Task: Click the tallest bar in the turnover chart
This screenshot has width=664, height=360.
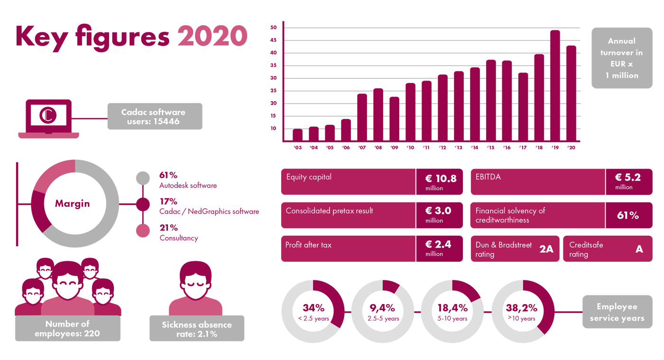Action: coord(555,85)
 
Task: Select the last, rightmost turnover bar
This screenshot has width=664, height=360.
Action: coord(571,93)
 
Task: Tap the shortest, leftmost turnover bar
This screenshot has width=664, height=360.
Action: coord(297,135)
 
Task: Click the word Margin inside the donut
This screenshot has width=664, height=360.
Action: coord(72,203)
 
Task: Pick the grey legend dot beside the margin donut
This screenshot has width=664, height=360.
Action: coord(143,178)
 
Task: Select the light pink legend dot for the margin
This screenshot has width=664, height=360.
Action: coord(143,231)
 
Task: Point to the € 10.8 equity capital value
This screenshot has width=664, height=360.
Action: coord(440,178)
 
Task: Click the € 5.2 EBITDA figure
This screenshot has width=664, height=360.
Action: coord(627,177)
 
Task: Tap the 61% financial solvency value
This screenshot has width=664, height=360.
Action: coord(627,215)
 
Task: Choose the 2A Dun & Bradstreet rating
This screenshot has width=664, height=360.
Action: coord(546,249)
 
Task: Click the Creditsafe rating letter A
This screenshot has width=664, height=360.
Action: coord(639,249)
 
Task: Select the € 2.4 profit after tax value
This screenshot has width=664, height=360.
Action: coord(438,245)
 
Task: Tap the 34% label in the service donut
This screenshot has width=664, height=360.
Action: coord(314,308)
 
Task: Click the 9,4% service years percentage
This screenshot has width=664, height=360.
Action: coord(383,308)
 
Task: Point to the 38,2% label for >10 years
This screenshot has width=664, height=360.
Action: coord(521,308)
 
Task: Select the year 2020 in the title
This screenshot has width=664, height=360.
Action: coord(212,37)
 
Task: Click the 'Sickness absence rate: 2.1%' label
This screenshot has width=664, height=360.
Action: coord(197,329)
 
